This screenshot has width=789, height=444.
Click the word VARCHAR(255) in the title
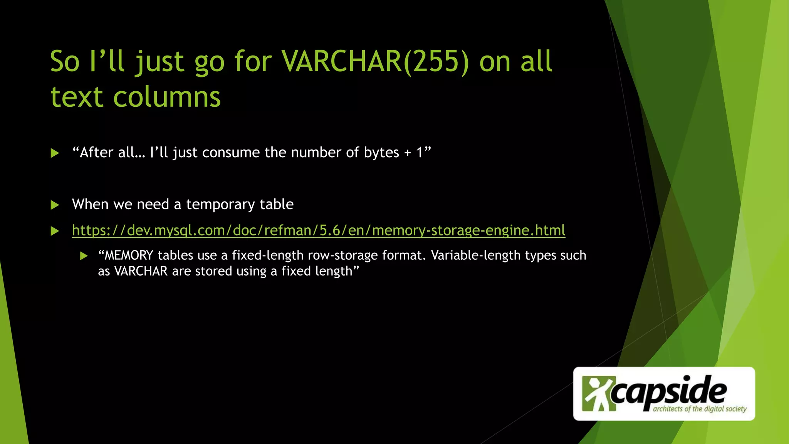[x=375, y=62]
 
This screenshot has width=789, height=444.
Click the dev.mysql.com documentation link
[x=319, y=230]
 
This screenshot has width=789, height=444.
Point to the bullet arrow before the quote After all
[x=55, y=153]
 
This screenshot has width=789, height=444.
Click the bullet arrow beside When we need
[x=55, y=205]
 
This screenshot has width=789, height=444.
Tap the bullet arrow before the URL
[x=55, y=231]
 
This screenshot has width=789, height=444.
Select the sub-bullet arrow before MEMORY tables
[x=84, y=256]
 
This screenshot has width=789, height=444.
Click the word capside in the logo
[x=669, y=391]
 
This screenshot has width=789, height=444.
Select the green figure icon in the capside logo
[x=596, y=393]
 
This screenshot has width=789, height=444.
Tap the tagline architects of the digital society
[x=700, y=409]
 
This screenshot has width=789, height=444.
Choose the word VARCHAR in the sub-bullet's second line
[x=141, y=271]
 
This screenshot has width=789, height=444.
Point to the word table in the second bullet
[x=276, y=204]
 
